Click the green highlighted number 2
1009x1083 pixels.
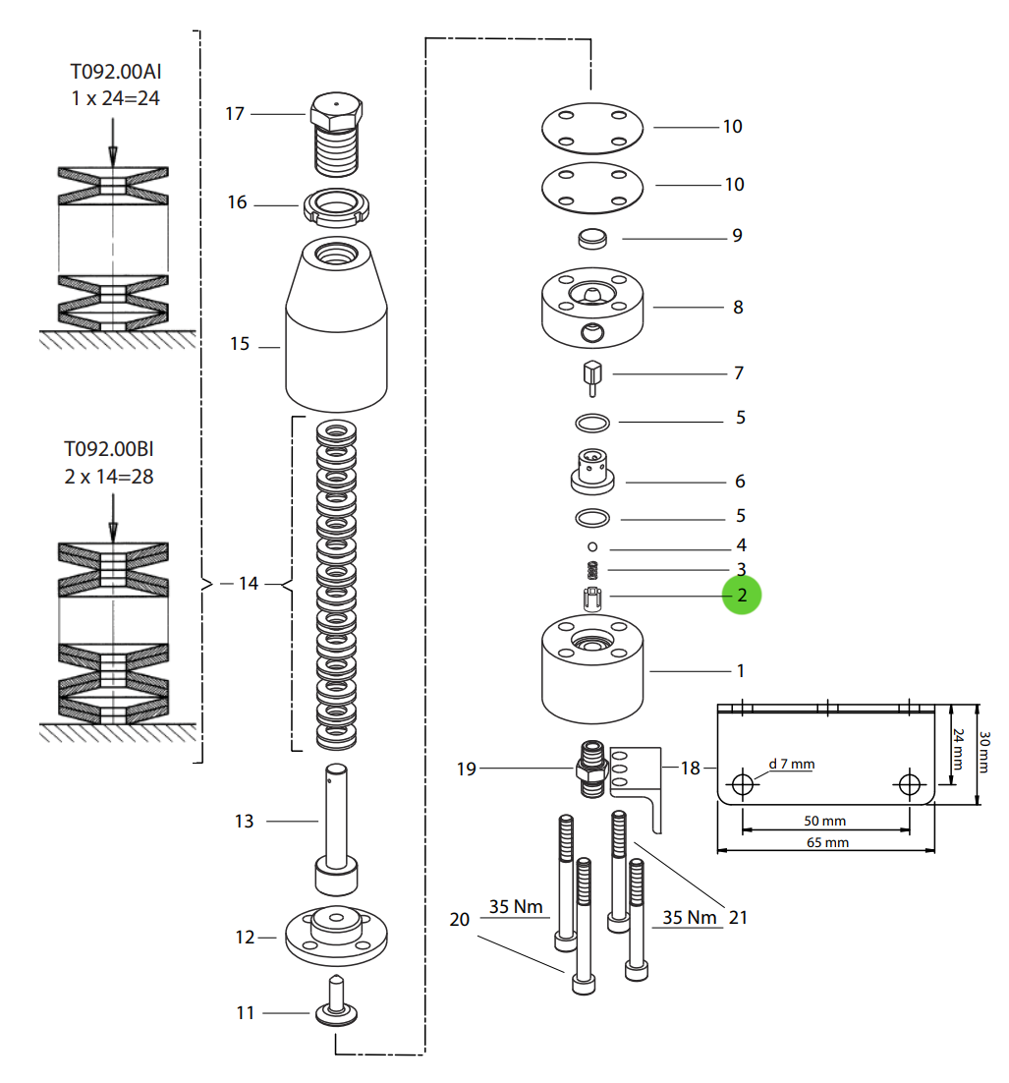click(742, 596)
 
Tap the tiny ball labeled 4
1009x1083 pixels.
click(592, 546)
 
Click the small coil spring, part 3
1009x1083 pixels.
click(592, 570)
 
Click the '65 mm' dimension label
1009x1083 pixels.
click(825, 842)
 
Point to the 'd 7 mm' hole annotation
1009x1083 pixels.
click(791, 764)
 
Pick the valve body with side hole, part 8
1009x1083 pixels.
click(591, 309)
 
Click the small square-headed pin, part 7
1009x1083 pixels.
click(591, 376)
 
